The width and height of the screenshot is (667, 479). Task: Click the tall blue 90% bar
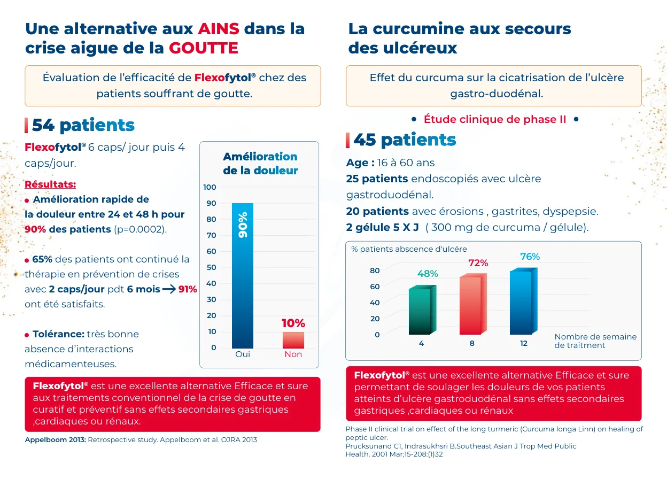(x=243, y=275)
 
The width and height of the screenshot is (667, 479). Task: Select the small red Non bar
(x=293, y=340)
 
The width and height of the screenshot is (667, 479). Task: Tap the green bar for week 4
(x=422, y=310)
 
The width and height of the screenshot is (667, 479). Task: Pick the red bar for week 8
(x=473, y=304)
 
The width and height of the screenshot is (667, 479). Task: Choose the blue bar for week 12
(x=523, y=301)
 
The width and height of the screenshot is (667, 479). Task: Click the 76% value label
(x=530, y=257)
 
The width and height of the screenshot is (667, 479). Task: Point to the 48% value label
(x=428, y=274)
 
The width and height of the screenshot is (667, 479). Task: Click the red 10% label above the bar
(x=293, y=323)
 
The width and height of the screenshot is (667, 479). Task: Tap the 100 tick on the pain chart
(x=210, y=187)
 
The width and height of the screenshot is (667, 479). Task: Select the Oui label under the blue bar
(x=243, y=354)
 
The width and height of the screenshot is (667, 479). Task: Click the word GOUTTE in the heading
(x=204, y=48)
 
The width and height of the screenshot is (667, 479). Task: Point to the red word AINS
(x=219, y=28)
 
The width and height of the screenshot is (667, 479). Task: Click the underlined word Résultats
(x=50, y=184)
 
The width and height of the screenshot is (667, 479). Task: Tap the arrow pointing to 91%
(x=169, y=289)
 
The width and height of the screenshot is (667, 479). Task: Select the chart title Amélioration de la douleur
(x=260, y=163)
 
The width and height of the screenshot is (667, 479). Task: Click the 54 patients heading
(x=83, y=125)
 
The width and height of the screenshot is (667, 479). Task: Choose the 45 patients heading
(x=405, y=140)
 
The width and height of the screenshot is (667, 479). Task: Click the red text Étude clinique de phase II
(x=494, y=119)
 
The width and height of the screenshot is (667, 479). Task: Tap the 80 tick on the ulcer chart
(x=375, y=271)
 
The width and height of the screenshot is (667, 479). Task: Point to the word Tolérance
(x=59, y=334)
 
